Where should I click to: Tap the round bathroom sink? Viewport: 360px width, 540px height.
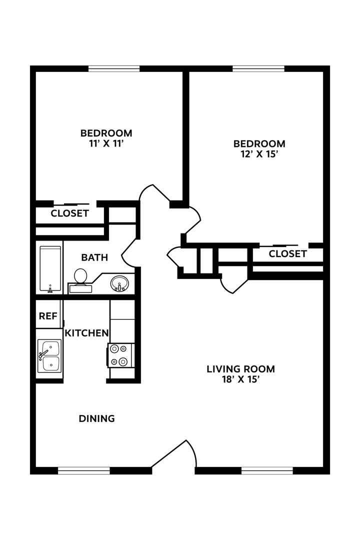(119, 283)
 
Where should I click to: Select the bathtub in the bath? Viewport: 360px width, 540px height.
(50, 268)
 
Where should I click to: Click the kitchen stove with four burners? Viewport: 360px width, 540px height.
(120, 355)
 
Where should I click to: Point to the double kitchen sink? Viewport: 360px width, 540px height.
(49, 356)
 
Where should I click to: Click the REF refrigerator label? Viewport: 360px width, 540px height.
(48, 316)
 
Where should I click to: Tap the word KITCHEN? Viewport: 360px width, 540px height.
(86, 333)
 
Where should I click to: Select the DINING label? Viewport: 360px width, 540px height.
(96, 418)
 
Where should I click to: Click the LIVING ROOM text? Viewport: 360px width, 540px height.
(240, 369)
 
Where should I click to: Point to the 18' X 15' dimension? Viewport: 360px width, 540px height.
(240, 379)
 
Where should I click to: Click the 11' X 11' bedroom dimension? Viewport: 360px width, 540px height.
(106, 143)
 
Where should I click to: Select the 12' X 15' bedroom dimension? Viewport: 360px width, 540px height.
(259, 154)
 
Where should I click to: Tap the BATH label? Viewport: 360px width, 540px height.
(94, 257)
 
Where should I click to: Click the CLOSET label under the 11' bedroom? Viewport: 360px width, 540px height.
(69, 213)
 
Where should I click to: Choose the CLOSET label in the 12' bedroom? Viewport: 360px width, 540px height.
(287, 254)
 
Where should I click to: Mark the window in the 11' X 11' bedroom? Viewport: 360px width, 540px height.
(113, 68)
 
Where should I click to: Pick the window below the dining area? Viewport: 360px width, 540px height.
(83, 470)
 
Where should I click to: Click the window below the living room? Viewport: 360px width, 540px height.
(267, 470)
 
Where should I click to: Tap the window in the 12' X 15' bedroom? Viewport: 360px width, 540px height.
(258, 68)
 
